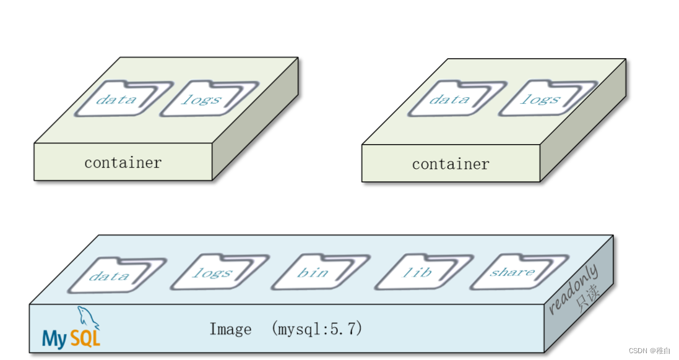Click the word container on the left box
[x=123, y=163]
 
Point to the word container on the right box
[x=450, y=165]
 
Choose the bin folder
[x=313, y=273]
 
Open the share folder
[x=512, y=272]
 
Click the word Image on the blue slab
[x=230, y=329]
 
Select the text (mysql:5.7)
[x=316, y=329]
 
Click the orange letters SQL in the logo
[x=85, y=338]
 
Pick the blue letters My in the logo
[x=54, y=339]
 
